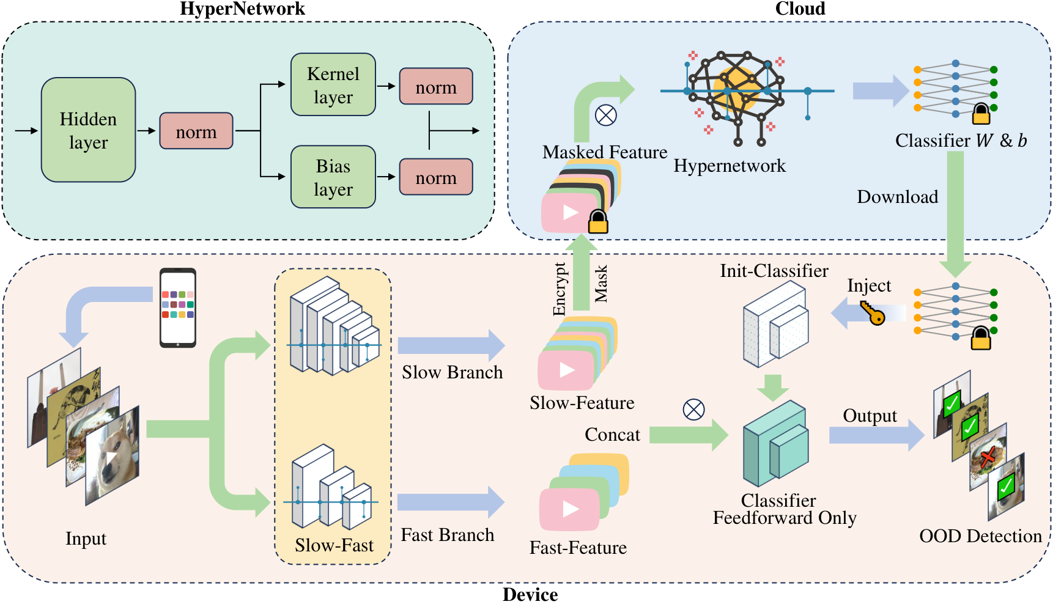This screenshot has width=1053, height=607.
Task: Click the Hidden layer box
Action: point(88,130)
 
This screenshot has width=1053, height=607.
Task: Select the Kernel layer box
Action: point(333,85)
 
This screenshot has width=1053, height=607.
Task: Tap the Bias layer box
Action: point(333,177)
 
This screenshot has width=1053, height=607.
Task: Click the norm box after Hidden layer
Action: point(196,131)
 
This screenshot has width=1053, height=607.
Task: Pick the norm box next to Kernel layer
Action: point(435,87)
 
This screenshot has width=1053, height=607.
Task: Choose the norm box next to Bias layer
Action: point(435,177)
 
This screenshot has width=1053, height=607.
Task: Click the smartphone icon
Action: point(178,307)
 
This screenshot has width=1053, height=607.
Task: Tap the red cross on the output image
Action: point(987,457)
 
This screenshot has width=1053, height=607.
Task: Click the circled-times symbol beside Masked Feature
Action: point(606,115)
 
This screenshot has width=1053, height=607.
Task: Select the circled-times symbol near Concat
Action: point(693,410)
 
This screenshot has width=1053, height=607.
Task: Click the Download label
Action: point(897,197)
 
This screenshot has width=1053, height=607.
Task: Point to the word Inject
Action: point(869,285)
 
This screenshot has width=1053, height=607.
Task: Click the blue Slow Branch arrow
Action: point(451,345)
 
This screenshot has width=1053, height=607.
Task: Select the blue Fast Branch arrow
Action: point(451,502)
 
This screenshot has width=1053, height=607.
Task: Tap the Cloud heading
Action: point(800,9)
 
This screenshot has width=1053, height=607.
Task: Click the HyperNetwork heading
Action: point(242,9)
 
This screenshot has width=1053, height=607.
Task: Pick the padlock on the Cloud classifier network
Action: point(981,114)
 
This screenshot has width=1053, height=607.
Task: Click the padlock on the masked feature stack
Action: point(597,222)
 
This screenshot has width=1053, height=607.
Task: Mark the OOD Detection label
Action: point(980,536)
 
